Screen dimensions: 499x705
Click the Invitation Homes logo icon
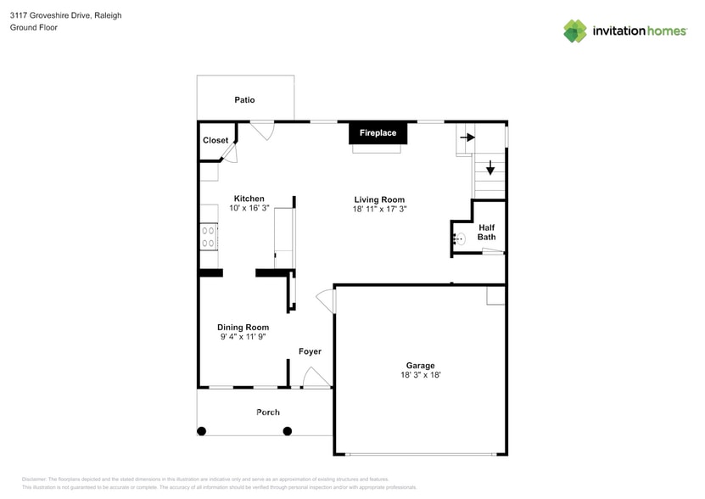pos(575,31)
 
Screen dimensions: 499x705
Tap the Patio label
pos(244,100)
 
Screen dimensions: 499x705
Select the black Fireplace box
pos(378,133)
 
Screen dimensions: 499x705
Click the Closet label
pos(215,140)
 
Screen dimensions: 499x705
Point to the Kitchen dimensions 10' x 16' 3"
pos(249,208)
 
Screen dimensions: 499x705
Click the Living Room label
pos(379,199)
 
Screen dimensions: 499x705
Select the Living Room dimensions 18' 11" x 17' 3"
pos(379,209)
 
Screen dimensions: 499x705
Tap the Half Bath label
pos(486,232)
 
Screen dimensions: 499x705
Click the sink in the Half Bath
pos(459,240)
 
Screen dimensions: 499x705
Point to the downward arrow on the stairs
pos(490,167)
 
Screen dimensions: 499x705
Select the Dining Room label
pos(243,328)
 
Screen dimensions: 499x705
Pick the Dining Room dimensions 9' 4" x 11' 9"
pos(243,337)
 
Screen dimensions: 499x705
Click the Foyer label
pos(310,351)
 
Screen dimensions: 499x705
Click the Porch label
pos(268,412)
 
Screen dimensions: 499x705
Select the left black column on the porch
pos(202,431)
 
